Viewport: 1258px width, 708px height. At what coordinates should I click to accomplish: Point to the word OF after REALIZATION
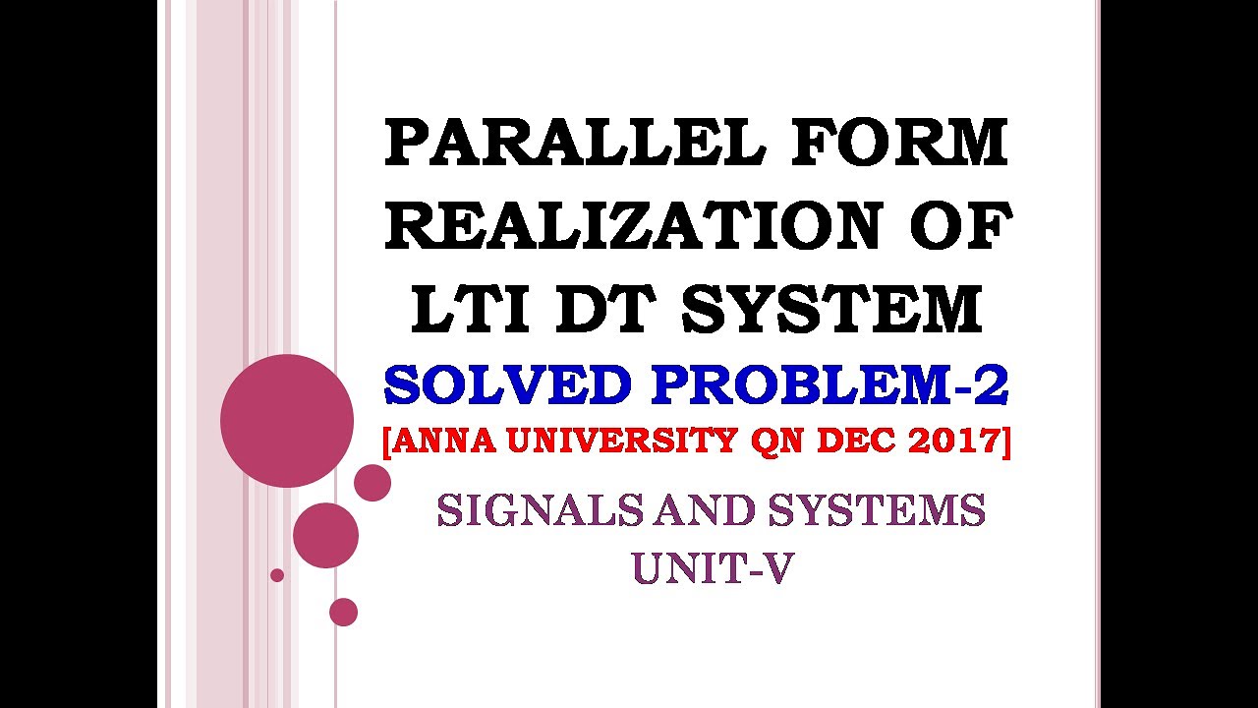coord(959,225)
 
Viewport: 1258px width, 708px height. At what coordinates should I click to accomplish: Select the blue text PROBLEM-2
coord(829,385)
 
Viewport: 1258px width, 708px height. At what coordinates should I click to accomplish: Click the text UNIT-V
coord(712,567)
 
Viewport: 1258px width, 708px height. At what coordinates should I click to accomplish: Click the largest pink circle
coord(287,421)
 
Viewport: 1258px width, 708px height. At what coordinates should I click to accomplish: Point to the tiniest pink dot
coord(277,574)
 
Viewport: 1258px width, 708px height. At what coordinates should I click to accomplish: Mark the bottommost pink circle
coord(343,612)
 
